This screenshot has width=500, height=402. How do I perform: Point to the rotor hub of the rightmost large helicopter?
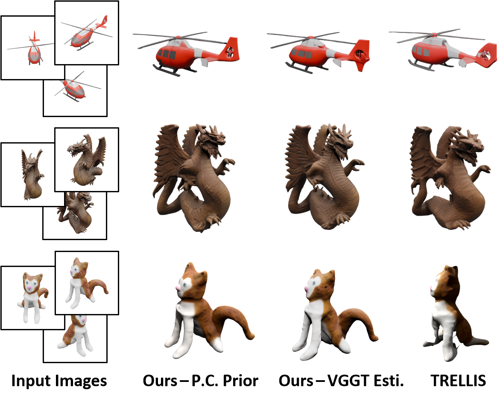coord(434,34)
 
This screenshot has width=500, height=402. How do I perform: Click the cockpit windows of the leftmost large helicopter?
coord(167,55)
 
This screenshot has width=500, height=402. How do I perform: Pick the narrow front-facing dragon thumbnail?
coord(32,175)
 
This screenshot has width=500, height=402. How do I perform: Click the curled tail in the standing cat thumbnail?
coord(100,286)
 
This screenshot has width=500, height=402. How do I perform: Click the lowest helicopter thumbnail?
coord(75,91)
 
